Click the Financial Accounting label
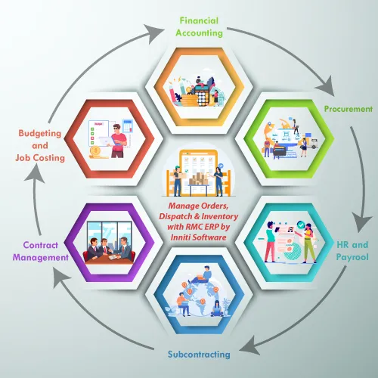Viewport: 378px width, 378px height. tap(199, 27)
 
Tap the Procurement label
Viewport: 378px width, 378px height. tap(349, 109)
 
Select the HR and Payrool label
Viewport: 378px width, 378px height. tap(352, 251)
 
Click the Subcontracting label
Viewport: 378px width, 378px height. tap(199, 354)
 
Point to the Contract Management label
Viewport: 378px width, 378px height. tap(41, 251)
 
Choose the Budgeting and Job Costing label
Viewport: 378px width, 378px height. tap(40, 145)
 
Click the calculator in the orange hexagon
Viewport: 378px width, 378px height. tap(202, 95)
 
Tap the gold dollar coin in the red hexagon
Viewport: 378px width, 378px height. tap(95, 151)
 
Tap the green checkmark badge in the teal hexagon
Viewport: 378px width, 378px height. tap(301, 225)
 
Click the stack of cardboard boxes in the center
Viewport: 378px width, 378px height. tap(199, 178)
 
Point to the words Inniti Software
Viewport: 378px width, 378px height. tap(198, 237)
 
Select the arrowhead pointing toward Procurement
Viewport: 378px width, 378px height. tap(326, 86)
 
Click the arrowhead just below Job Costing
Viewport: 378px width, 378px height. tap(35, 174)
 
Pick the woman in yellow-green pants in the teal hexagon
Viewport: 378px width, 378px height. tap(309, 243)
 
